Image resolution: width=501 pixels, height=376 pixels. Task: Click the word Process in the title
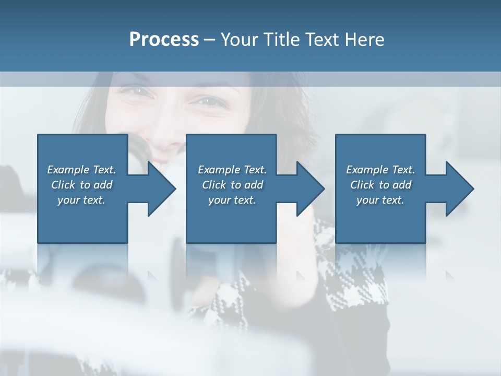point(164,40)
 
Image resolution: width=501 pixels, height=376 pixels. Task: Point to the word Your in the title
point(240,40)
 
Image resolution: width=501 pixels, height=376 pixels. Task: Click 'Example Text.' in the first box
point(81,170)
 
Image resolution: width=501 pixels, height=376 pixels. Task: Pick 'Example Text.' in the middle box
point(232,170)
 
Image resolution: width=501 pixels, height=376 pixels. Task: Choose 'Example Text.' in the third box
point(380,170)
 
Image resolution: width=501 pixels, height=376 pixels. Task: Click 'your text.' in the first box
point(81,200)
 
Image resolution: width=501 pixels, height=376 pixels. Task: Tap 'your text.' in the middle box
point(232,200)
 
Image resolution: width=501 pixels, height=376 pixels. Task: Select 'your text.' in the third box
point(380,200)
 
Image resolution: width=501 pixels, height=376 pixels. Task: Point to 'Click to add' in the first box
point(81,185)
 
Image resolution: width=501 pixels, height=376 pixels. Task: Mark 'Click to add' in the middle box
point(232,185)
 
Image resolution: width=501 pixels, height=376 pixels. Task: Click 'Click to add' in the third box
point(380,185)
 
